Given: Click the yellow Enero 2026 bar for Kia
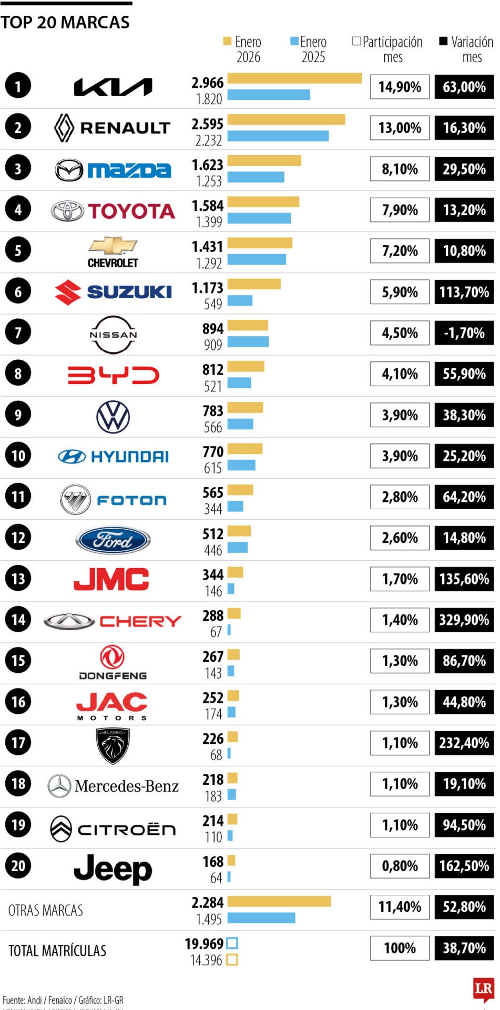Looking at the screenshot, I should click(294, 78).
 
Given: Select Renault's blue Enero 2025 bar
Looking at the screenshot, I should click(278, 136).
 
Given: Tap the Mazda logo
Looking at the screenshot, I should click(113, 170).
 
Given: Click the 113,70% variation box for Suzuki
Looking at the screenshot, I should click(464, 292).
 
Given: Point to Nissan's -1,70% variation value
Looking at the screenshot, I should click(464, 333).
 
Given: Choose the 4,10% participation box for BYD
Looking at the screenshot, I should click(400, 374).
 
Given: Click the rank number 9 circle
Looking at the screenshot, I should click(18, 415).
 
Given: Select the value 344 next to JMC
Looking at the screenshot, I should click(213, 574).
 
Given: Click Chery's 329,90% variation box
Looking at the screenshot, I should click(464, 620).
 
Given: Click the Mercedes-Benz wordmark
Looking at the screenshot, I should click(126, 786).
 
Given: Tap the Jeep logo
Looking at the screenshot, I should click(113, 869).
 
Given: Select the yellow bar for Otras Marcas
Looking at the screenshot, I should click(279, 902).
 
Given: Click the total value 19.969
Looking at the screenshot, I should click(204, 944).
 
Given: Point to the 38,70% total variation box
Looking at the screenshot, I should click(464, 948).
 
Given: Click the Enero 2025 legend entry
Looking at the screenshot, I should click(309, 49).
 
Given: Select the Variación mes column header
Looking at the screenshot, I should click(467, 49).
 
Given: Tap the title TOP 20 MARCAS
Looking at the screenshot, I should click(65, 23).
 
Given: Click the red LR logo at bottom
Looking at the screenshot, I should click(483, 989).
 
